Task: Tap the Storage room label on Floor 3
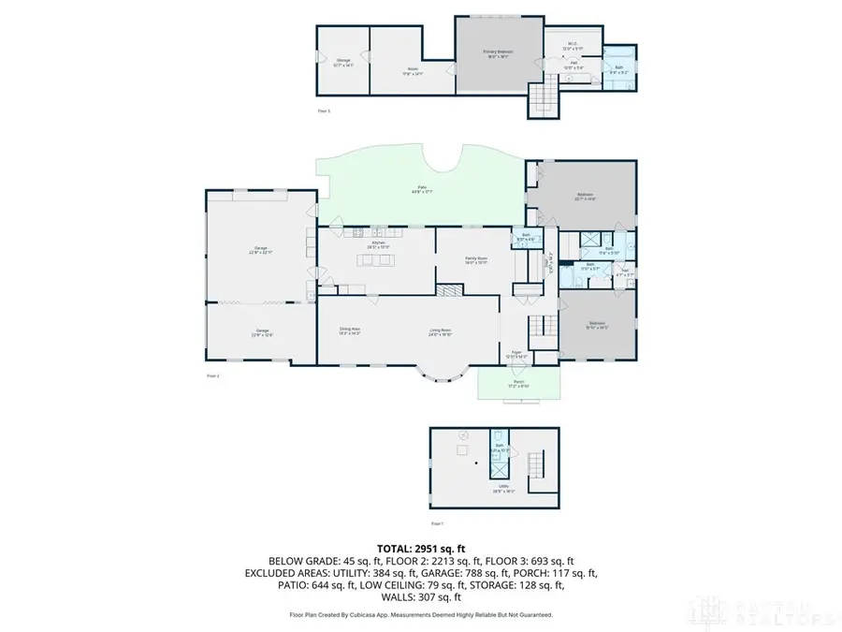(x=342, y=62)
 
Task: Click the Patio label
(x=423, y=190)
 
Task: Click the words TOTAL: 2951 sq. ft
(x=420, y=549)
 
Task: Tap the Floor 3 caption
(x=323, y=111)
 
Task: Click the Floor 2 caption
(x=212, y=375)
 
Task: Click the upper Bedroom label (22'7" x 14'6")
(x=586, y=196)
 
